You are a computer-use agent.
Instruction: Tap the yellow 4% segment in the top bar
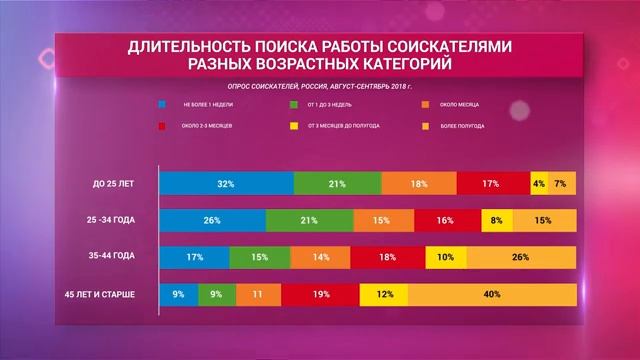(x=539, y=184)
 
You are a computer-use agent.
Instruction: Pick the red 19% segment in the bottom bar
(x=321, y=295)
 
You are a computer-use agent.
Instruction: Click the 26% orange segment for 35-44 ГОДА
(x=520, y=257)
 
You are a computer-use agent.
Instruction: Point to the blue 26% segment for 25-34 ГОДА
(x=212, y=221)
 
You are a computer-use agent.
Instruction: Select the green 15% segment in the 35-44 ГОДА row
(x=259, y=257)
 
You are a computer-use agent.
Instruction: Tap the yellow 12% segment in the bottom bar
(x=383, y=295)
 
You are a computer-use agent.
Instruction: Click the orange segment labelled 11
(x=257, y=295)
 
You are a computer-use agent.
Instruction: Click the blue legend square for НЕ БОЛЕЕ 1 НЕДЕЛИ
(x=162, y=104)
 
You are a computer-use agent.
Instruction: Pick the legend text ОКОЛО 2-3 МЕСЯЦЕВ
(x=212, y=127)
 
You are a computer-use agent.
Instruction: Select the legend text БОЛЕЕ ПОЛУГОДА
(x=462, y=127)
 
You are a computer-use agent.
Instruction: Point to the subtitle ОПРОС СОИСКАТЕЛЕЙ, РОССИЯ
(x=270, y=86)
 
